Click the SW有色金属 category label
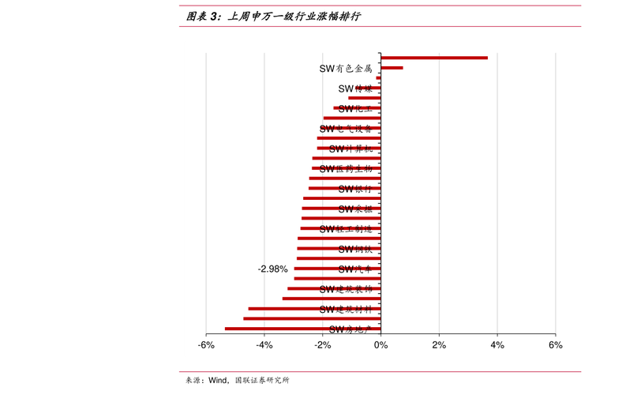click(345, 69)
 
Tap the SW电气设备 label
click(345, 129)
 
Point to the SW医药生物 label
click(345, 168)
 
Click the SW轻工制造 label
click(345, 229)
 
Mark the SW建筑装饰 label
click(345, 289)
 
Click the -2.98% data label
click(272, 269)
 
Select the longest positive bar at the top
click(434, 58)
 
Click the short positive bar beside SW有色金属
click(392, 68)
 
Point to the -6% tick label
click(205, 345)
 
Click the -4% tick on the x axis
click(264, 345)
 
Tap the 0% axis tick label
click(380, 345)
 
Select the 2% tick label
click(439, 345)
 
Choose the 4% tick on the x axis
click(497, 345)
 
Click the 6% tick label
click(555, 345)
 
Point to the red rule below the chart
click(380, 371)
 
